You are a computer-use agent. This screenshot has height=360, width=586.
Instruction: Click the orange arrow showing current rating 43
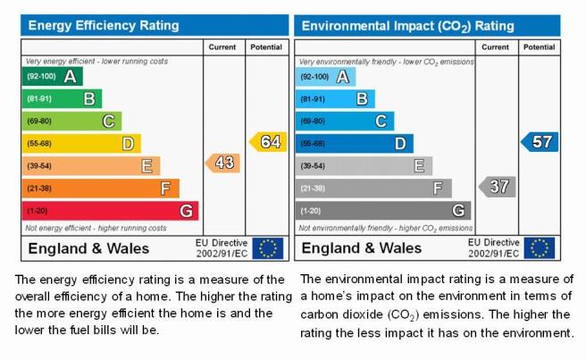(222, 163)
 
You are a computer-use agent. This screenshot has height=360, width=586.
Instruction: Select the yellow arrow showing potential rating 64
(268, 142)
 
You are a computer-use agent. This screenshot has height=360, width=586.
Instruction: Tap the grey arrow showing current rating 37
(498, 187)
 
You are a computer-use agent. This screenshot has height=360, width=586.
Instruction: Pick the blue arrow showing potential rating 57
(540, 142)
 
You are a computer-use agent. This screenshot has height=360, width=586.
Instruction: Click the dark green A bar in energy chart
(53, 76)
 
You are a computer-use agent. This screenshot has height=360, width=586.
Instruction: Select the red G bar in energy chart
(110, 211)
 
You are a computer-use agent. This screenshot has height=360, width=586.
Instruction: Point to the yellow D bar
(81, 144)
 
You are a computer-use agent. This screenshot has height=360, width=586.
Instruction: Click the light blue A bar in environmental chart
(325, 77)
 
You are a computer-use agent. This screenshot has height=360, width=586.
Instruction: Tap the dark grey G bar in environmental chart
(383, 211)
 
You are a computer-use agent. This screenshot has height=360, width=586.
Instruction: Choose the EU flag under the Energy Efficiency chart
(268, 248)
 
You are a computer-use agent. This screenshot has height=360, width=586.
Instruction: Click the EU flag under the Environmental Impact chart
(540, 248)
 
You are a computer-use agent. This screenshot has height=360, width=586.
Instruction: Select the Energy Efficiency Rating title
(104, 25)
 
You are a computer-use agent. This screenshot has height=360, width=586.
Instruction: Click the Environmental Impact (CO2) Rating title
(407, 26)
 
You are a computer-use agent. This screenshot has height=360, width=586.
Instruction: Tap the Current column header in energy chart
(222, 47)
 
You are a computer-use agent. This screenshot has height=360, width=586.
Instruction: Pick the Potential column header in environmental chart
(539, 47)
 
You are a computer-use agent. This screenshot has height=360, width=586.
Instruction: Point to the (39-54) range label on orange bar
(39, 166)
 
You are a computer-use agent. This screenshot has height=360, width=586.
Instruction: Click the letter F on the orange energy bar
(165, 188)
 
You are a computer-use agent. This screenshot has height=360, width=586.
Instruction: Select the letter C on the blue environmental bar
(381, 121)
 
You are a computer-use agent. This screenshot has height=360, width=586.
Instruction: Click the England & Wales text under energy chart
(88, 248)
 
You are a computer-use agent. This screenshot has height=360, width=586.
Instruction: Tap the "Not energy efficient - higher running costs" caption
(96, 228)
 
